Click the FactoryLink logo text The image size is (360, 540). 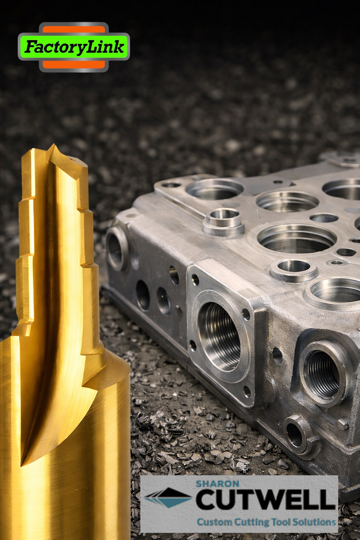point(74,47)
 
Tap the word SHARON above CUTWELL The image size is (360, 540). point(218,484)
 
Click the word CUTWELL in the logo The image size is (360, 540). point(265,499)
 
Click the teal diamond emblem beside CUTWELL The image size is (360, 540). point(169,497)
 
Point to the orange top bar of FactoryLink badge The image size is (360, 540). point(74,30)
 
